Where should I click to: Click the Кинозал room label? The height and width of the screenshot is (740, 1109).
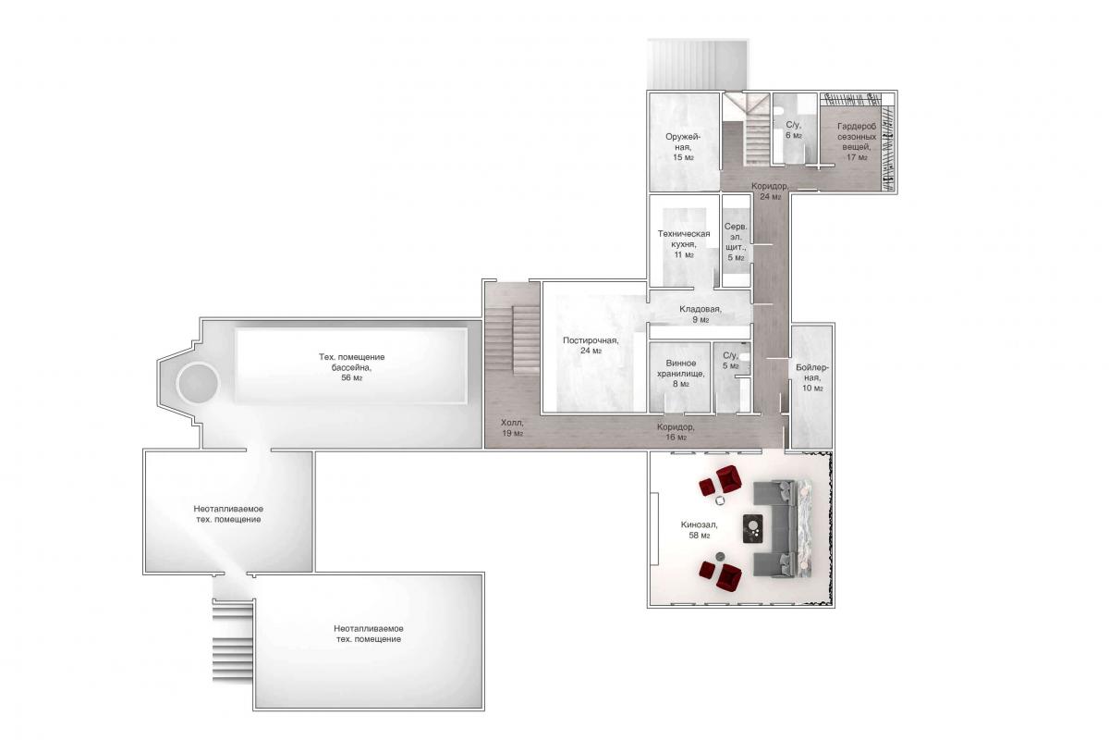coord(699,530)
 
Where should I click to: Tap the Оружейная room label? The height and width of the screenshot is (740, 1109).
coord(683,147)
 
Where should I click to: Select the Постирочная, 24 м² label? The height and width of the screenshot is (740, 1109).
coord(591,345)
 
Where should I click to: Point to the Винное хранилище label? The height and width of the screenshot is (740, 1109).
coord(681,373)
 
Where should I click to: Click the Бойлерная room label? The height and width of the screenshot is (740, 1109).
coord(812,377)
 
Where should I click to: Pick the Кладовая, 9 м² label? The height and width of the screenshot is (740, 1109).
coord(701,314)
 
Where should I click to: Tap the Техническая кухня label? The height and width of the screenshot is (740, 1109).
coord(684,244)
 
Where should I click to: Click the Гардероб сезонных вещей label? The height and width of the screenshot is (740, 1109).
coord(857,142)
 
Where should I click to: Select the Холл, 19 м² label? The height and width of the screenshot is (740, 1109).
coord(512,427)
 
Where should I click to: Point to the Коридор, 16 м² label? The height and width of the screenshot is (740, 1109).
coord(676,432)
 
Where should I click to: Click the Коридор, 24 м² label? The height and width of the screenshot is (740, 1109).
coord(769,191)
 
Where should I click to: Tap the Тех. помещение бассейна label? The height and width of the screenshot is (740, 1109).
coord(351,367)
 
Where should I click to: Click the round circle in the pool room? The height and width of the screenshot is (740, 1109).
coord(198,383)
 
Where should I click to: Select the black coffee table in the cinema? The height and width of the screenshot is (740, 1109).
coord(752,529)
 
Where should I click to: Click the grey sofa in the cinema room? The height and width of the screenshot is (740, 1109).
coord(775,528)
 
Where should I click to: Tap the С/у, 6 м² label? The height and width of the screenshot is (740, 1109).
coord(794,129)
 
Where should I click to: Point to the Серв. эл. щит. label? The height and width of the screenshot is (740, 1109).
coord(736,241)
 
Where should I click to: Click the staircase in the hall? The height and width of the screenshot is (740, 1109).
coord(525,341)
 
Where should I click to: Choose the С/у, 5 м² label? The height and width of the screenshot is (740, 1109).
coord(731,361)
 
